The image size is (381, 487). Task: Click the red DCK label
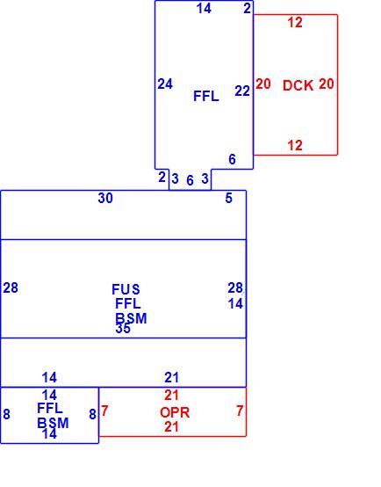coord(298,85)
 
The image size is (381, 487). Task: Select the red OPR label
coord(175,412)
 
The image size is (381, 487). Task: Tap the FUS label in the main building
coord(126,289)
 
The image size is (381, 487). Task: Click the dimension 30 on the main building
coord(105,198)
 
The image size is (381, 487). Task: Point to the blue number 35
coord(123,328)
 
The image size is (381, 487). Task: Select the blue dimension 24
coord(165,84)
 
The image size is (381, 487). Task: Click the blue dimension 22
coord(242,91)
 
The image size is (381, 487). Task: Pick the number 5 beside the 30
coord(228,198)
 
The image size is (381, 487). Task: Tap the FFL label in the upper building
coord(206,96)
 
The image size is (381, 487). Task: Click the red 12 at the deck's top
coord(295,22)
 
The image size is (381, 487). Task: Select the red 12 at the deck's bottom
coord(295,145)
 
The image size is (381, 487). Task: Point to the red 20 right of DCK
coord(327,84)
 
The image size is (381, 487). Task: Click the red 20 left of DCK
coord(263,84)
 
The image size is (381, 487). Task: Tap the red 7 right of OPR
coord(240,411)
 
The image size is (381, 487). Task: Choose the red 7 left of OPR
coord(104,411)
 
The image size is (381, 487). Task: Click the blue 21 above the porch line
coord(171,378)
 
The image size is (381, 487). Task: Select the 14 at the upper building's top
coord(204,9)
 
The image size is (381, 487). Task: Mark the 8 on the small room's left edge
coord(6,414)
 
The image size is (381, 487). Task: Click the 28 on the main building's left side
coord(11,288)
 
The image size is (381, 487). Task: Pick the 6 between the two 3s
coord(190,180)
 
